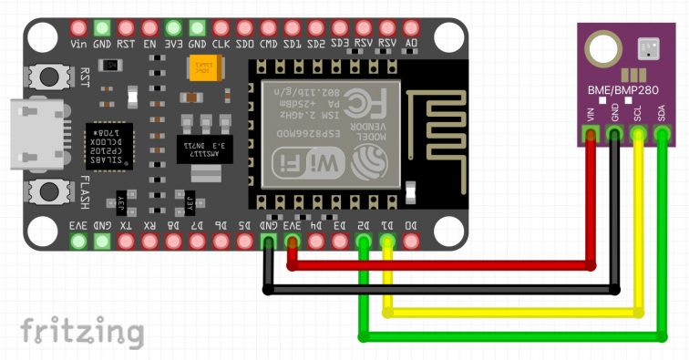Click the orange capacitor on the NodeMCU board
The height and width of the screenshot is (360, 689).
pos(201,69)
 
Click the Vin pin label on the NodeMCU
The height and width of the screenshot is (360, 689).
pos(78,43)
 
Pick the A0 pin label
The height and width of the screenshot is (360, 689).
pos(411,43)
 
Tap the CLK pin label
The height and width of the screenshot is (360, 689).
pos(221,43)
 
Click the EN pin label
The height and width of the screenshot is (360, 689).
pos(149,43)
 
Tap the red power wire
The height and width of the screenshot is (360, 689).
pos(437,266)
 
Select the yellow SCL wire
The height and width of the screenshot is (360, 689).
pos(510,313)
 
